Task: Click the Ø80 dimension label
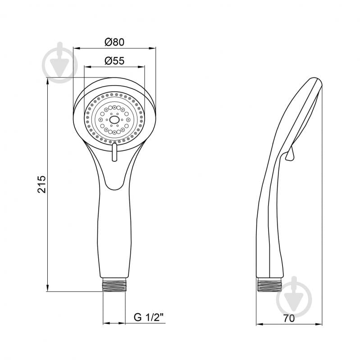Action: [114, 42]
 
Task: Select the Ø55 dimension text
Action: [114, 61]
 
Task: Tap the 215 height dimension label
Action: [42, 184]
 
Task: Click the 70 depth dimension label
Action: [289, 319]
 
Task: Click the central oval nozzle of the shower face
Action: [114, 119]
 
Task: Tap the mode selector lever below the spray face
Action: [114, 152]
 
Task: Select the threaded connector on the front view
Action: [114, 285]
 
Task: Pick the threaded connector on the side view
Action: [269, 285]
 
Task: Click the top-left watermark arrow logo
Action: [60, 62]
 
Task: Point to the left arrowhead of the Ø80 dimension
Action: [77, 48]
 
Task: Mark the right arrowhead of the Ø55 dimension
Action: [141, 67]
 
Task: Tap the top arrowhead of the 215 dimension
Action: [47, 81]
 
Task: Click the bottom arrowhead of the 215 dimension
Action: [47, 288]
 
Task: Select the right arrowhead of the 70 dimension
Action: [319, 324]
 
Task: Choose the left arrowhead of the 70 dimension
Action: [260, 324]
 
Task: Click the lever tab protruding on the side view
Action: [290, 154]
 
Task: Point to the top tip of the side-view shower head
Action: [315, 77]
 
